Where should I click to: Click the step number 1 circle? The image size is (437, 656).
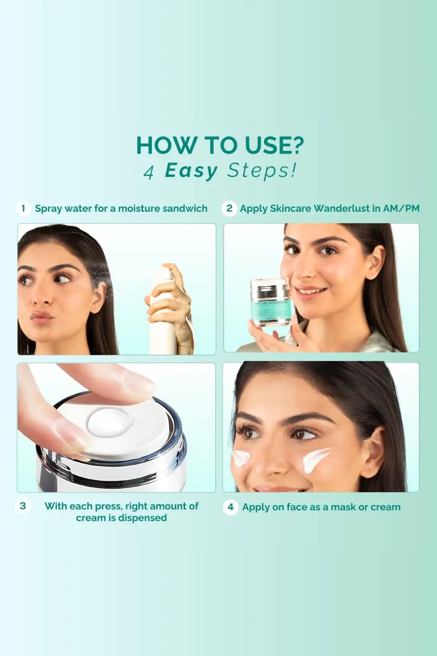(x=23, y=208)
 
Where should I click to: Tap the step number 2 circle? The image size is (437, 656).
(x=229, y=208)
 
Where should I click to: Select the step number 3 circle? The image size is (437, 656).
(x=23, y=506)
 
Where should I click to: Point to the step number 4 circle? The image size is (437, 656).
(x=231, y=507)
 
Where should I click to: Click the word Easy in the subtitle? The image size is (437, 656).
(x=191, y=171)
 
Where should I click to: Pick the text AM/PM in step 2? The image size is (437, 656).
(x=401, y=208)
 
